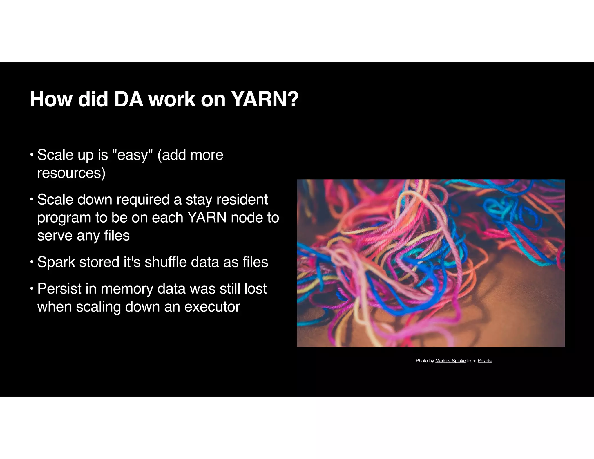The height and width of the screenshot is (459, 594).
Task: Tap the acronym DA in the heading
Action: click(128, 100)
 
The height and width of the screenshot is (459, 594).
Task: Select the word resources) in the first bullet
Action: click(71, 173)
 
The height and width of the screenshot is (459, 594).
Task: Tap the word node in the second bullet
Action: click(247, 218)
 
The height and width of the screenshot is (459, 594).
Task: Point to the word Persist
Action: click(59, 289)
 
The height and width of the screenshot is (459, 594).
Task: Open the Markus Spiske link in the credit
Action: click(450, 361)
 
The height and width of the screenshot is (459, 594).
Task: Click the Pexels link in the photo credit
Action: click(484, 361)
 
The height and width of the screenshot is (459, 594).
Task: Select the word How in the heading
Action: click(51, 100)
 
